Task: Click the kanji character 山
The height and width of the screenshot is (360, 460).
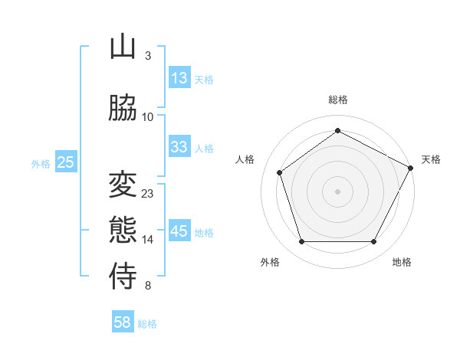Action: pos(123,47)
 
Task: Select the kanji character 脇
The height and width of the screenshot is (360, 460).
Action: pos(123,109)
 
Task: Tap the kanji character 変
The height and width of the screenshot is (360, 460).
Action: pos(123,185)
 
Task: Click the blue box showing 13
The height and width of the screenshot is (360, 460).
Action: pos(179,77)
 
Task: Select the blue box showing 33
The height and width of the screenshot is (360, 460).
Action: pos(179,147)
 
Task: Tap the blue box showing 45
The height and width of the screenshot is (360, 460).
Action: pos(179,231)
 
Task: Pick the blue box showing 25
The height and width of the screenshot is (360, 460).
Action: pos(65,162)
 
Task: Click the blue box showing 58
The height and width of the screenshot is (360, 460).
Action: pos(123,322)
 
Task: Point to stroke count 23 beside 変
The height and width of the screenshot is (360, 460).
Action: pos(148,194)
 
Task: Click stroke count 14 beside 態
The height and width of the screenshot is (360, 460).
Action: pos(148,240)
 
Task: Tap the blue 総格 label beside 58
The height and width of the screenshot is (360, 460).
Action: pos(147,324)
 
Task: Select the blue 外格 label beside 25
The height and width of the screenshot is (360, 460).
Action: pos(41,163)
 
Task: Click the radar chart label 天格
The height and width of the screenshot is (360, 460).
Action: pos(431,159)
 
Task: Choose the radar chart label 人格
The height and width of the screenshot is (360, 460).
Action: pos(245,159)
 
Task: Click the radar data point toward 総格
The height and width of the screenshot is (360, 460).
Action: pos(337,130)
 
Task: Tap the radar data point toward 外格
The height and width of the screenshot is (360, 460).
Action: pos(301,242)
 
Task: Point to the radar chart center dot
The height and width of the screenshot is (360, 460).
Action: pos(337,191)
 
